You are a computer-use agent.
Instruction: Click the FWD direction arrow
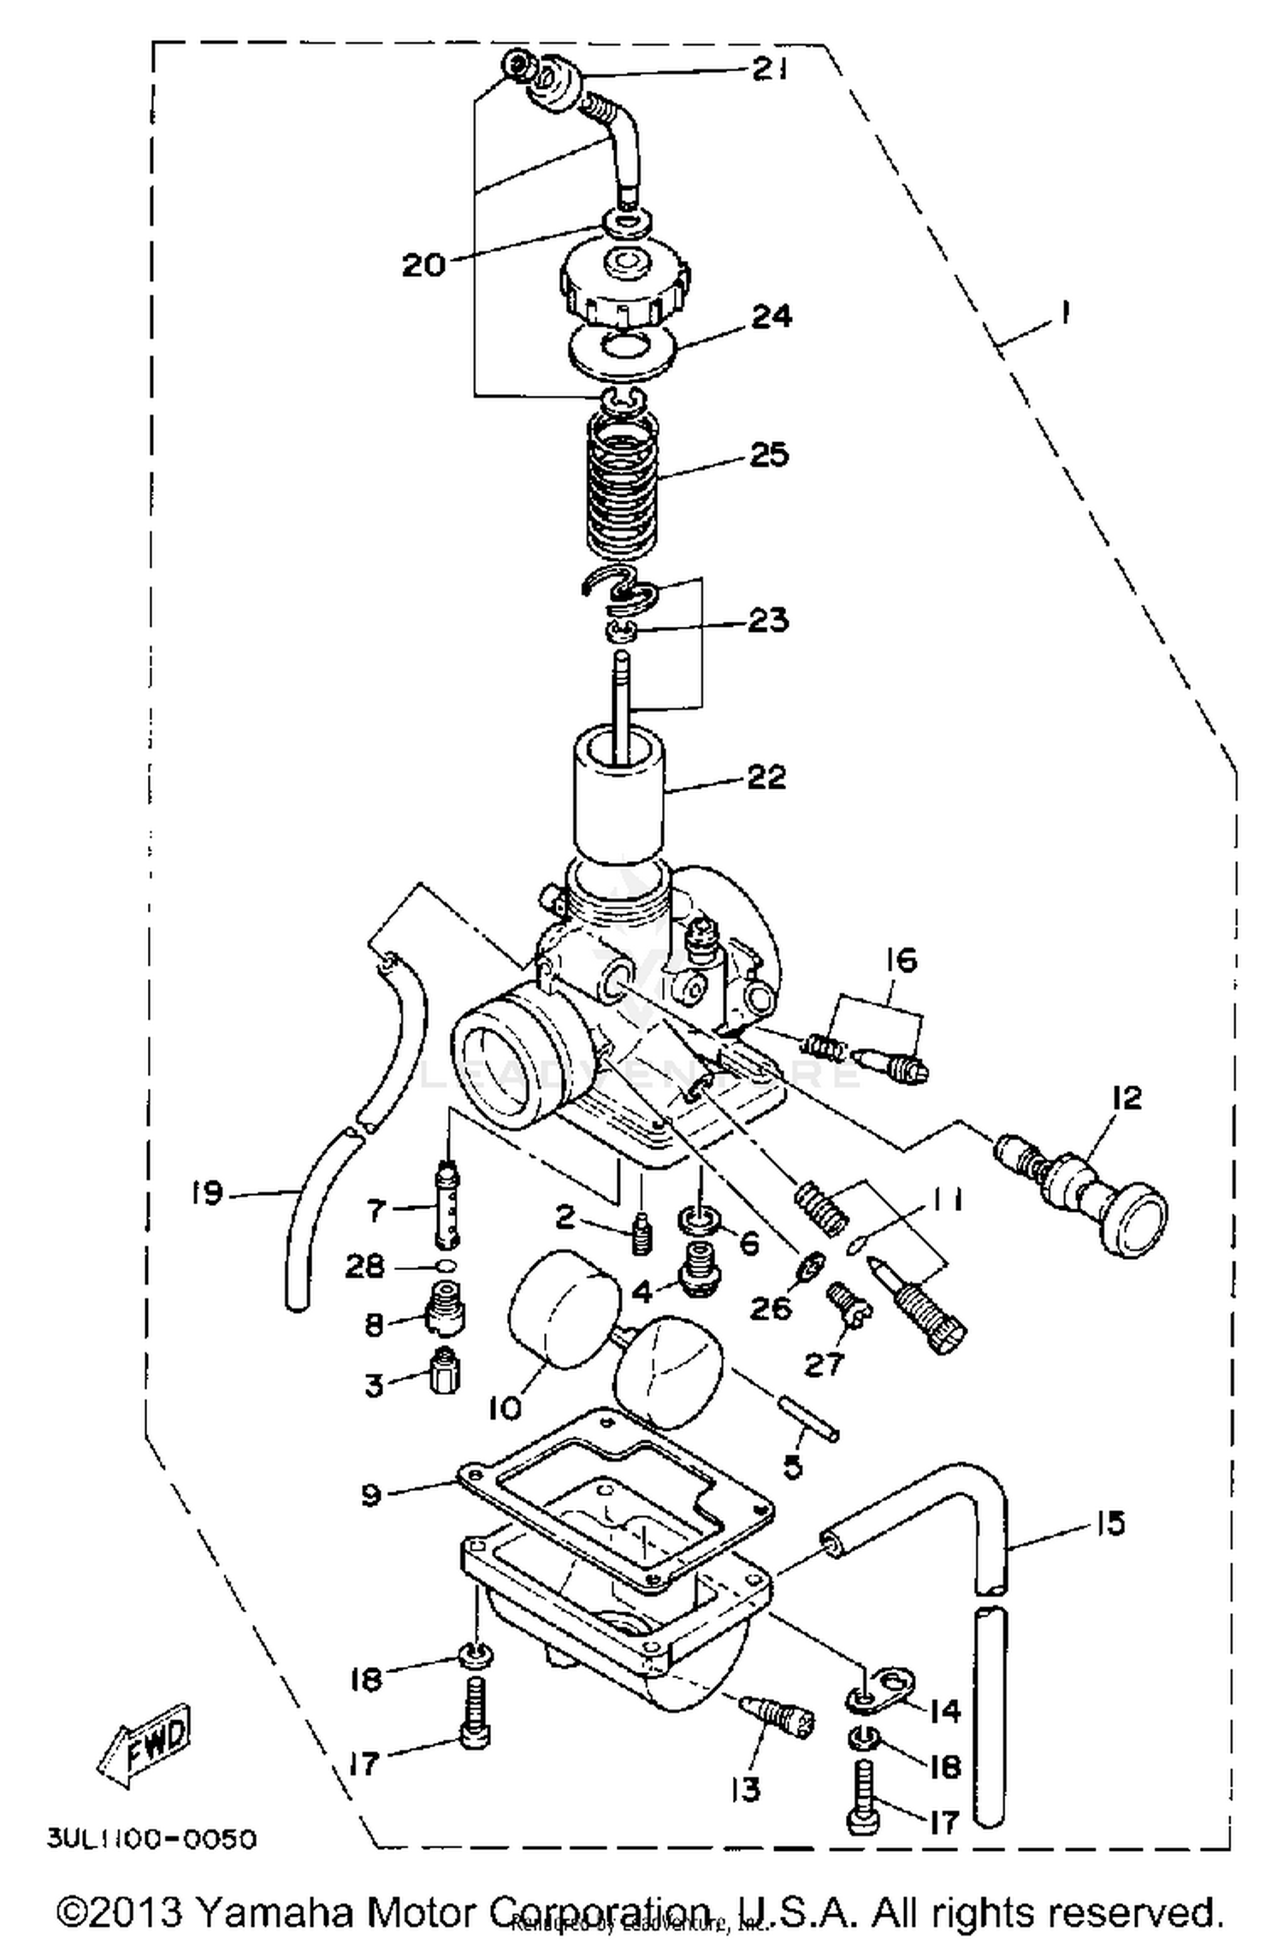145,1745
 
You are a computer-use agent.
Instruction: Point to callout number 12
1126,1097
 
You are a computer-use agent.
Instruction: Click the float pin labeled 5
808,1421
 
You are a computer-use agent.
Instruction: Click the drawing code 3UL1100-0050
151,1838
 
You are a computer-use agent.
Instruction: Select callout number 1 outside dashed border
1064,314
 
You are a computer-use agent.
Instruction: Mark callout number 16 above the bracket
902,960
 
